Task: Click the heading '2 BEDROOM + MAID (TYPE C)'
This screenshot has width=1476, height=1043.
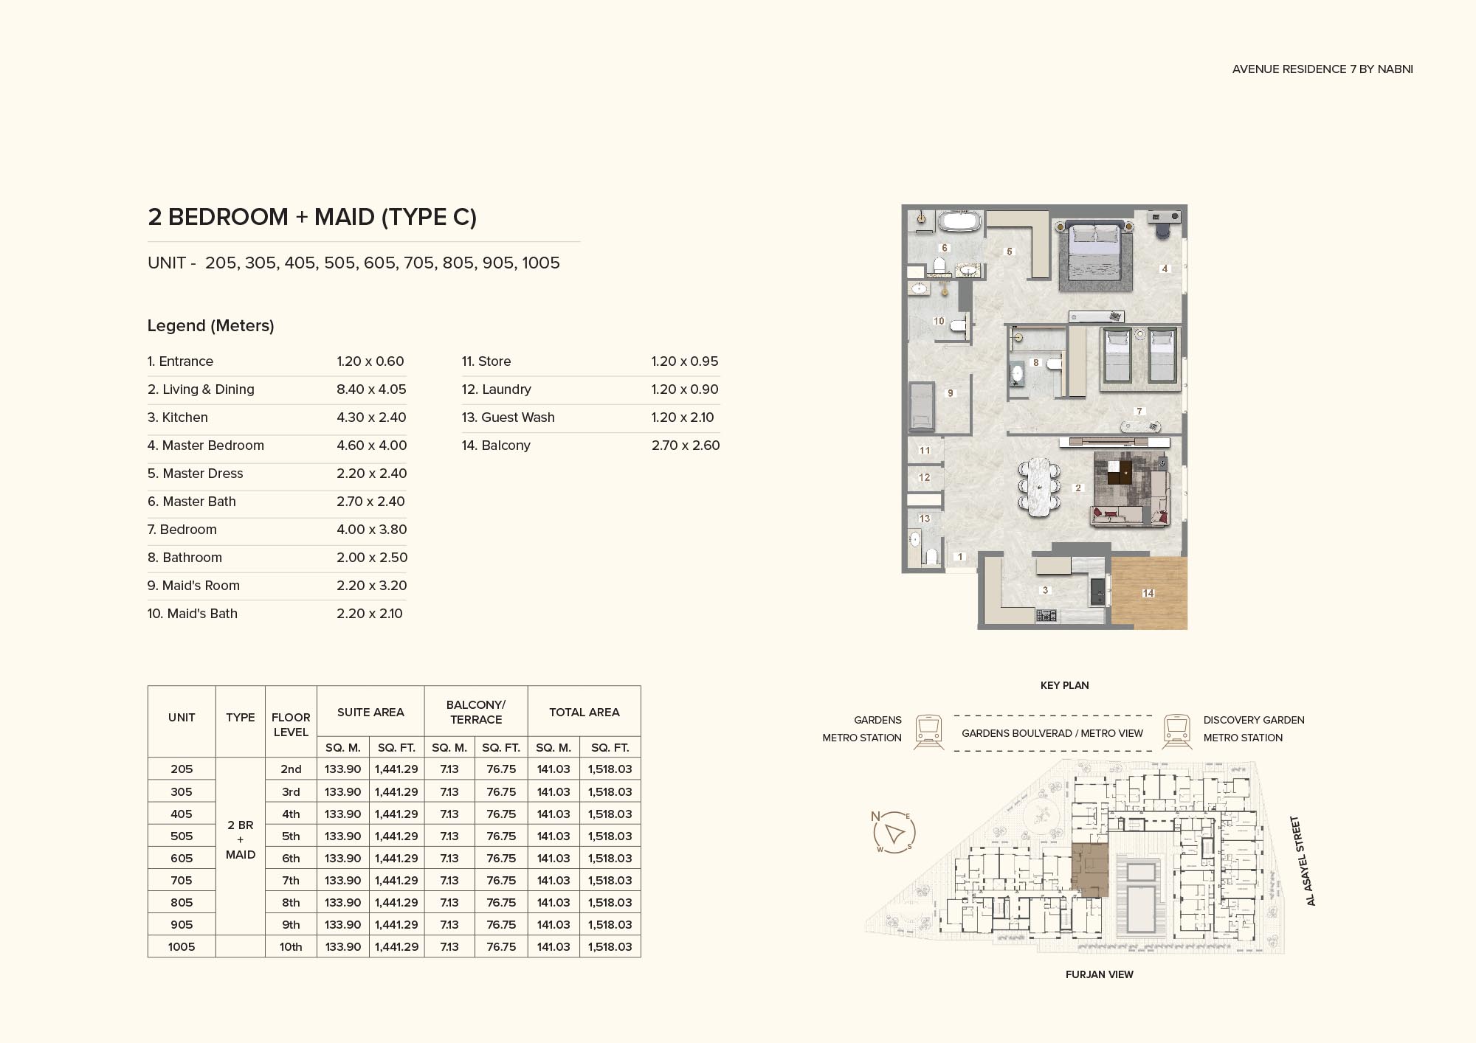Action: pyautogui.click(x=312, y=217)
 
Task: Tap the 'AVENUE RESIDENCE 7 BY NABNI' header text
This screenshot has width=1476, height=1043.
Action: pyautogui.click(x=1322, y=69)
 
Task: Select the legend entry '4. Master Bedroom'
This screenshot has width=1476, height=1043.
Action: pyautogui.click(x=205, y=446)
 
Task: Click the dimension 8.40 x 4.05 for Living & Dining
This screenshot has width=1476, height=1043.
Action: pyautogui.click(x=371, y=389)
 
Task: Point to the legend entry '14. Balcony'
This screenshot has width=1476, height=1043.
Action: pyautogui.click(x=496, y=446)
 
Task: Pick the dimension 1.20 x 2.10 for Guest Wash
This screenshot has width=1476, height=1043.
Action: pyautogui.click(x=683, y=417)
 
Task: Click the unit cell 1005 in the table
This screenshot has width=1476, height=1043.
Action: pyautogui.click(x=182, y=946)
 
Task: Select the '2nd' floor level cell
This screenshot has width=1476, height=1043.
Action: pyautogui.click(x=291, y=769)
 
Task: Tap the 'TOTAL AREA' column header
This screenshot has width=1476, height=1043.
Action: pyautogui.click(x=584, y=712)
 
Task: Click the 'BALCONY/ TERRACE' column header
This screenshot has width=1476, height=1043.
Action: pyautogui.click(x=476, y=712)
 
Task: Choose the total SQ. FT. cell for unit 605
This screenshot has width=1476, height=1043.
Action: pyautogui.click(x=610, y=858)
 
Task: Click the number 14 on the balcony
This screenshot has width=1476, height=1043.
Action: pyautogui.click(x=1148, y=593)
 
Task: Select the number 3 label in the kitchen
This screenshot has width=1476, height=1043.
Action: pyautogui.click(x=1045, y=590)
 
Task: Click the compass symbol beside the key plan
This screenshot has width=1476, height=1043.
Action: pyautogui.click(x=894, y=833)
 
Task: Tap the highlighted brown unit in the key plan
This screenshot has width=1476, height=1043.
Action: pyautogui.click(x=1090, y=870)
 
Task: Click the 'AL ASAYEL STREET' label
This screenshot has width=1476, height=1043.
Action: pyautogui.click(x=1303, y=861)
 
